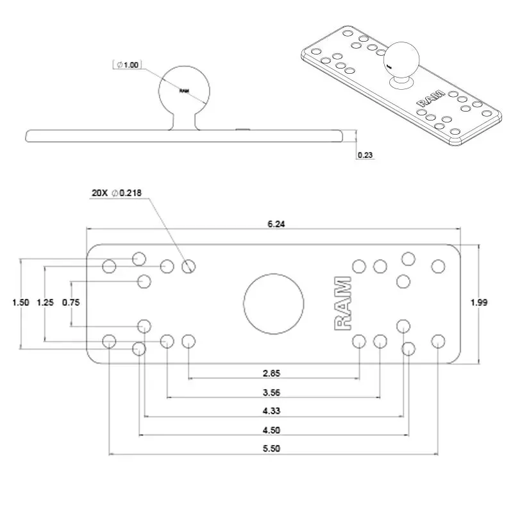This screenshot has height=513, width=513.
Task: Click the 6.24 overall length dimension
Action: click(x=276, y=224)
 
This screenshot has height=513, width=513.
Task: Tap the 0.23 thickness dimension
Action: click(x=365, y=155)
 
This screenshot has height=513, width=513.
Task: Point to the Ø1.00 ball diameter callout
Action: click(x=128, y=65)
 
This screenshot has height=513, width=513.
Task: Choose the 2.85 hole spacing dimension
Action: click(x=272, y=373)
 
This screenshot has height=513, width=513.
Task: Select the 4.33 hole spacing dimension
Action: click(x=272, y=412)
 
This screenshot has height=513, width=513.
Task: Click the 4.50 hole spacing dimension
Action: click(x=272, y=430)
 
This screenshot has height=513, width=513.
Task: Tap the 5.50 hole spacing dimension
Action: click(x=272, y=450)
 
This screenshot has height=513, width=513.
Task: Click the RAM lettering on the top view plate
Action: click(x=342, y=303)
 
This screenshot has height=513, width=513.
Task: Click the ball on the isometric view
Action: click(x=401, y=60)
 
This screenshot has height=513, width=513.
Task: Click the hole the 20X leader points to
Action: click(x=188, y=266)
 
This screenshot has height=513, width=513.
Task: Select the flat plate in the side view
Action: click(x=186, y=136)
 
